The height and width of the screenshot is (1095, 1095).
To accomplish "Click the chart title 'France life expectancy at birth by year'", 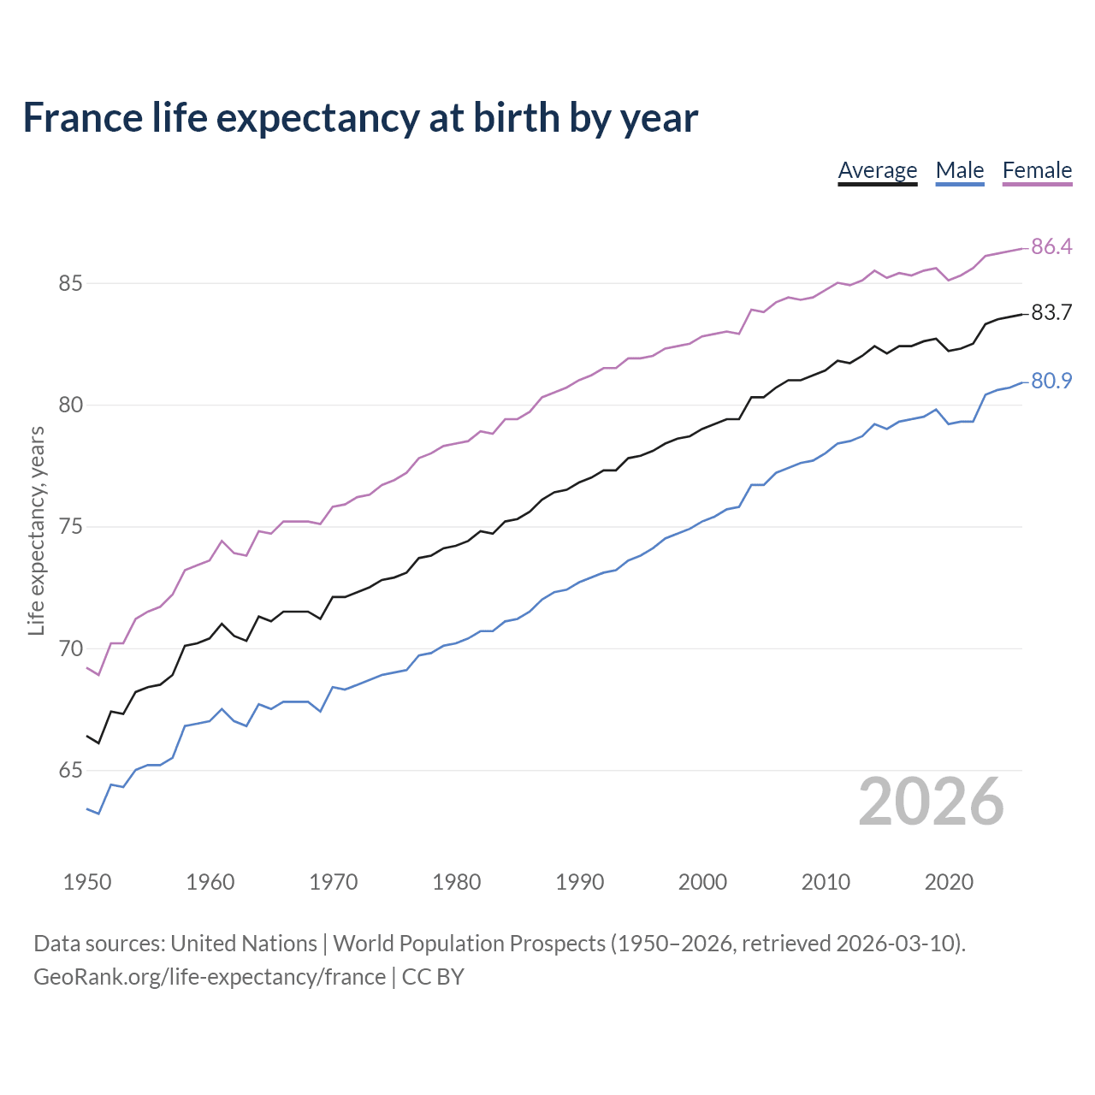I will click(x=360, y=118).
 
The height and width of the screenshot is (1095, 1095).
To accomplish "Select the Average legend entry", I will click(x=877, y=170).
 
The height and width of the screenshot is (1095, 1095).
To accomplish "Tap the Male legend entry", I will click(x=960, y=170).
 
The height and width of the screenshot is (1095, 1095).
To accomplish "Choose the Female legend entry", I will click(x=1037, y=170).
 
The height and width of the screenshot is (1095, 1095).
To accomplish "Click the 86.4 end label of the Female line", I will click(x=1051, y=246).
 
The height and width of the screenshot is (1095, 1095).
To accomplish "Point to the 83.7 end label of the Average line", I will click(x=1051, y=313).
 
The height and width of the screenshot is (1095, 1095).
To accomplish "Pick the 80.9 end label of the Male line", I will click(x=1051, y=381).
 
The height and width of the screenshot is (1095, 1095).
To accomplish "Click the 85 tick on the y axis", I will click(x=70, y=283).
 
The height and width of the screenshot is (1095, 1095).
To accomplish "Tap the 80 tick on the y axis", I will click(x=70, y=405).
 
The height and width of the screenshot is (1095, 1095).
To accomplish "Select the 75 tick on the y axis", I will click(x=70, y=527).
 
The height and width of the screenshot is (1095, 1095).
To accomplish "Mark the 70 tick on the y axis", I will click(x=70, y=648).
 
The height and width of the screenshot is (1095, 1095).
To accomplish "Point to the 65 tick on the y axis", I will click(x=70, y=771).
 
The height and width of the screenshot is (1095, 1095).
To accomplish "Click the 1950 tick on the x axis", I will click(x=87, y=882).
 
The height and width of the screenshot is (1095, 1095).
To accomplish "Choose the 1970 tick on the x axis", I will click(x=334, y=882).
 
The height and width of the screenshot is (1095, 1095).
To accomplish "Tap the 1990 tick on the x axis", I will click(x=580, y=882).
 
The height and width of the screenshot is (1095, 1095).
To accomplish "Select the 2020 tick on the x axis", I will click(x=949, y=882).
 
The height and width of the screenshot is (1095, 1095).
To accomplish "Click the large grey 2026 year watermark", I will click(x=931, y=802).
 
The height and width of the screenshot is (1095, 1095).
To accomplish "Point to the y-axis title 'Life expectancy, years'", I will click(x=37, y=530).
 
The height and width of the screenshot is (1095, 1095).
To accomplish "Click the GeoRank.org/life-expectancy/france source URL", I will click(x=210, y=977).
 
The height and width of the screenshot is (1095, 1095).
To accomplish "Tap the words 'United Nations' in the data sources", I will click(x=244, y=944).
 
